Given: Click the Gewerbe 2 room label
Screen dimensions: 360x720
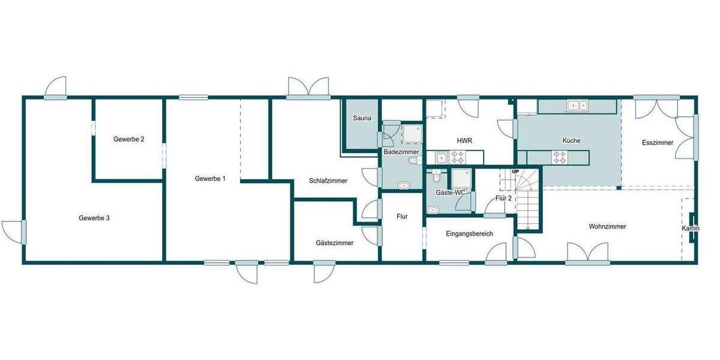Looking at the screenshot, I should pyautogui.click(x=128, y=139).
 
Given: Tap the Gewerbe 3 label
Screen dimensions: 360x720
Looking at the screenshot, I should pyautogui.click(x=94, y=218).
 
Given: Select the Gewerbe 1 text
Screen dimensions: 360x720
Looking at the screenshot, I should pyautogui.click(x=210, y=179).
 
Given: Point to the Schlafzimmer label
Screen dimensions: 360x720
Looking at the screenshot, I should pyautogui.click(x=328, y=181).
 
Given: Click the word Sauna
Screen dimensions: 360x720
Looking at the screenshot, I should pyautogui.click(x=362, y=118).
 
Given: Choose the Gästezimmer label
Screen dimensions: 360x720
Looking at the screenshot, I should pyautogui.click(x=334, y=243).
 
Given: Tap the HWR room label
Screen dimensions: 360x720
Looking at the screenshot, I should pyautogui.click(x=464, y=140).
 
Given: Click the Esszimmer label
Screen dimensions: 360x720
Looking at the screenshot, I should pyautogui.click(x=657, y=143).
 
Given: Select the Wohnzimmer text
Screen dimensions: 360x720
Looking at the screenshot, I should pyautogui.click(x=607, y=227).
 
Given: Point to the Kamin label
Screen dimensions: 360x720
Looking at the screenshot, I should pyautogui.click(x=691, y=229).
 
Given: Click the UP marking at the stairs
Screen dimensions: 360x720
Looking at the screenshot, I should pyautogui.click(x=515, y=172).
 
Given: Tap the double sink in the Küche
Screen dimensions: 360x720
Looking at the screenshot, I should pyautogui.click(x=578, y=106).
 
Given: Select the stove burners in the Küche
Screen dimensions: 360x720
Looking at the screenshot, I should pyautogui.click(x=559, y=157).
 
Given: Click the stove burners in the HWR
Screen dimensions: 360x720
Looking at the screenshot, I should pyautogui.click(x=458, y=157).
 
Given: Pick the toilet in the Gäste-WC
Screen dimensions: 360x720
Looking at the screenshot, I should pyautogui.click(x=436, y=177).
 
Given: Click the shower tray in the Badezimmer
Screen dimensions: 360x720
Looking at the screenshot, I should pyautogui.click(x=412, y=134).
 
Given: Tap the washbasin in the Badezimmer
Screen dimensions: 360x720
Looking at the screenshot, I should pyautogui.click(x=404, y=185).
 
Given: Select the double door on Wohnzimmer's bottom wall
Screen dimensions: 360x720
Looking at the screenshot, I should pyautogui.click(x=588, y=253).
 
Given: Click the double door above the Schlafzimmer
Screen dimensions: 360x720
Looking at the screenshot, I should pyautogui.click(x=308, y=88).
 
